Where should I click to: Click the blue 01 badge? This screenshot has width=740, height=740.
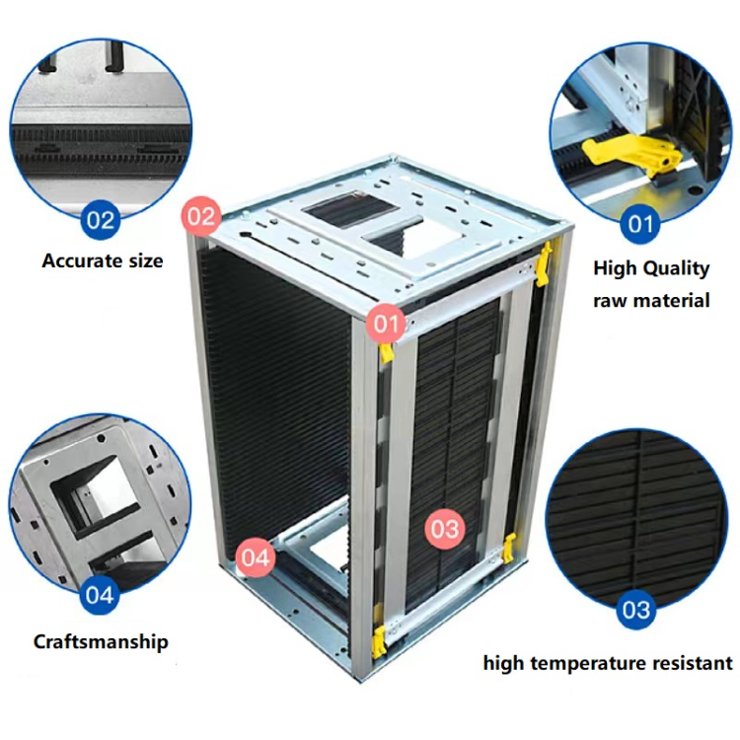[640, 224]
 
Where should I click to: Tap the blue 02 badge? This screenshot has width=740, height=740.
[100, 220]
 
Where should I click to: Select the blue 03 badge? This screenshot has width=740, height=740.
[635, 610]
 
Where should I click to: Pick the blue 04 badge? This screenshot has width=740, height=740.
[100, 595]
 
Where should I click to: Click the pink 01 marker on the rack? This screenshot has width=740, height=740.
[387, 324]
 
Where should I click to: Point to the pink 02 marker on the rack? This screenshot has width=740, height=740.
[201, 217]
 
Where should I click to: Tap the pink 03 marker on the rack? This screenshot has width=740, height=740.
[445, 529]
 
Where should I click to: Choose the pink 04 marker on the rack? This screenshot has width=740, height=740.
[256, 557]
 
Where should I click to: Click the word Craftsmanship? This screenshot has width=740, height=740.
[101, 642]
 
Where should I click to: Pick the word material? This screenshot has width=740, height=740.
[674, 301]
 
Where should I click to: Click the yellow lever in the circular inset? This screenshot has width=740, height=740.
[631, 153]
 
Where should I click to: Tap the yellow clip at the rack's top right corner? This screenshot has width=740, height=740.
[544, 264]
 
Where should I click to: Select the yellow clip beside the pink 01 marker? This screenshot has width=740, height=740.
[387, 352]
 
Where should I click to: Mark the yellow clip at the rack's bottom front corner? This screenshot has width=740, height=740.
[379, 642]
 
